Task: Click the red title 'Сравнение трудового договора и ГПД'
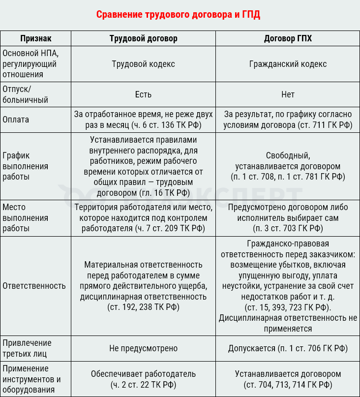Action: pos(178,14)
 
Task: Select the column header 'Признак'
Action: pos(35,38)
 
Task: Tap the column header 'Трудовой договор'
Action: pos(143,38)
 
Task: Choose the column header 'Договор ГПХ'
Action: pos(288,38)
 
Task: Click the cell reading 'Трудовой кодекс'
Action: pos(143,64)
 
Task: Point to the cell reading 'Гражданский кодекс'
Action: pos(288,64)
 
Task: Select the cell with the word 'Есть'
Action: pos(143,94)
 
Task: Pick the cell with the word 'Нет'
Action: pos(288,94)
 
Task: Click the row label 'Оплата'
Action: pos(16,120)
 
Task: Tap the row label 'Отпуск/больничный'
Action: pos(25,94)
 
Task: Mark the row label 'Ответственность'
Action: pos(34,286)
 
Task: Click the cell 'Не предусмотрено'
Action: pos(143,348)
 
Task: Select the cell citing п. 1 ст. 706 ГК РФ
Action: pos(288,348)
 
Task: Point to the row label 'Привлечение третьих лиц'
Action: pos(27,348)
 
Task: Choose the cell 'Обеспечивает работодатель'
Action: pos(143,379)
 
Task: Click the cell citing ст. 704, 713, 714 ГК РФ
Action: pos(288,379)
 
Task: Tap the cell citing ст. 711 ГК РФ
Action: pos(288,120)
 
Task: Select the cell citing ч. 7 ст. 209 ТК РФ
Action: pos(143,218)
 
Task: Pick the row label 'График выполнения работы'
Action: pos(25,166)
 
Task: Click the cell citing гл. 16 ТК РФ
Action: pos(143,166)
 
